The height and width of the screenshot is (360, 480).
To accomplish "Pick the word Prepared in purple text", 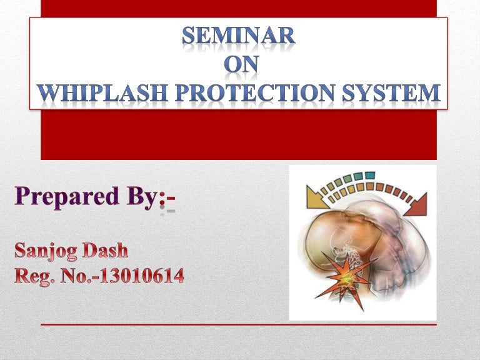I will [66, 198].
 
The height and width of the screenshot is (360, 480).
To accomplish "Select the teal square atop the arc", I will [369, 175].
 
